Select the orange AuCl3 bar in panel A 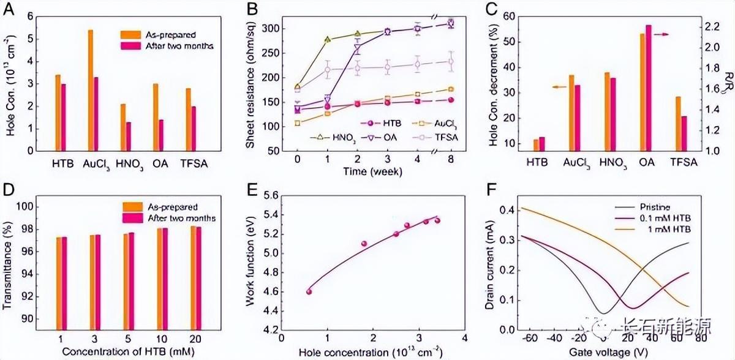(x=91, y=89)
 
